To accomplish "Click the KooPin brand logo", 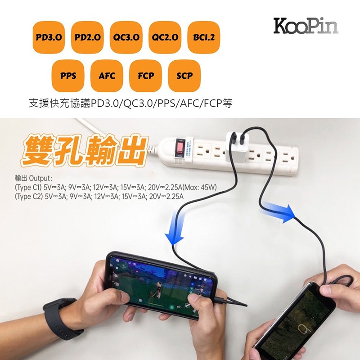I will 306,26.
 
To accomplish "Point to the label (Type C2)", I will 29,197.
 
